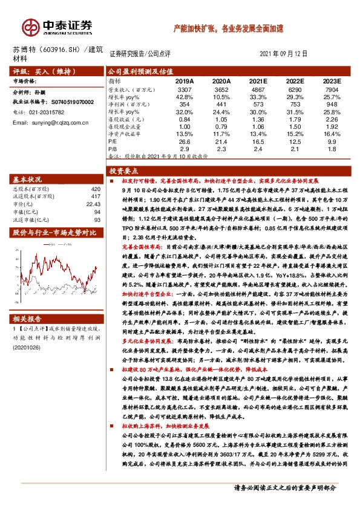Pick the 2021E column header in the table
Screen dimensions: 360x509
coord(258,80)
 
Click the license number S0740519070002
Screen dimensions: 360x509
coord(68,103)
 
